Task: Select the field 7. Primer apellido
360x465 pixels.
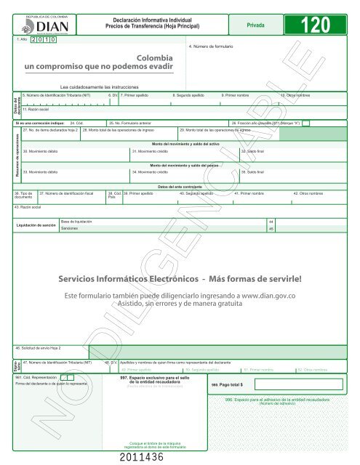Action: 138,95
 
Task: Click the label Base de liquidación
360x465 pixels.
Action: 79,219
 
